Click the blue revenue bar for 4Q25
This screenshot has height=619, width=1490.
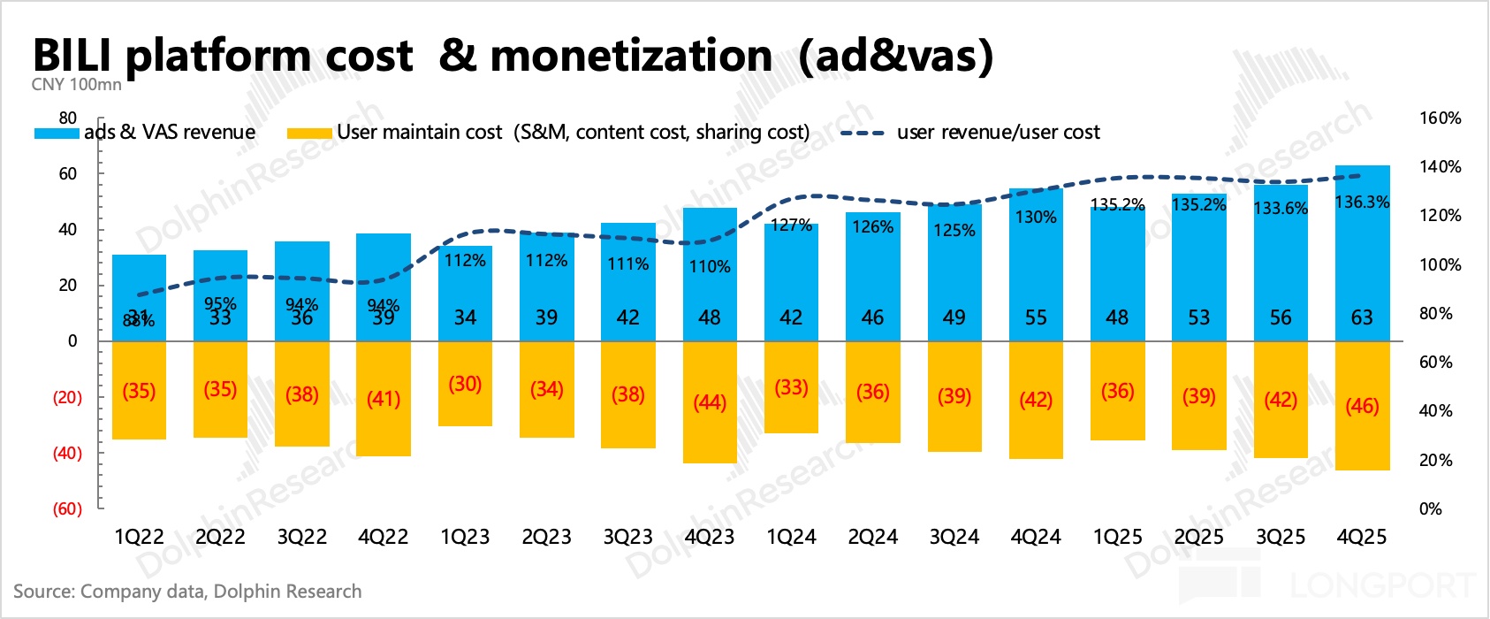[1362, 265]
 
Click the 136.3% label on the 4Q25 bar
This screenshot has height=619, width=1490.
[1362, 203]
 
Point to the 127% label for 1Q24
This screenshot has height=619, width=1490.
[791, 225]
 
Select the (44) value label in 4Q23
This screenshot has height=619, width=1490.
[710, 403]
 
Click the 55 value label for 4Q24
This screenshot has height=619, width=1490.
[1036, 317]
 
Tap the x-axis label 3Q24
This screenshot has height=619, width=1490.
[954, 538]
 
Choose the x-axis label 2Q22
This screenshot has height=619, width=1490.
[220, 538]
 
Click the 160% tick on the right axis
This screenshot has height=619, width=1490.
[1440, 118]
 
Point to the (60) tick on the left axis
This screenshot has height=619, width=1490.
[67, 509]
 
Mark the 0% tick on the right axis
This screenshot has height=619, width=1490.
[1430, 509]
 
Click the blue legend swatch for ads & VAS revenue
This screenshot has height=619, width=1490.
[57, 134]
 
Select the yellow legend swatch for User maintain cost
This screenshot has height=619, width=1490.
[309, 134]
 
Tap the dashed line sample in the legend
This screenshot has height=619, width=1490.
[862, 134]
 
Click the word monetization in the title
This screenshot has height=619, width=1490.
[631, 57]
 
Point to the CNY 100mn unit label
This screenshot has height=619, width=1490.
[76, 85]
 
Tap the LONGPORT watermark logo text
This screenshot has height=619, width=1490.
[1382, 585]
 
